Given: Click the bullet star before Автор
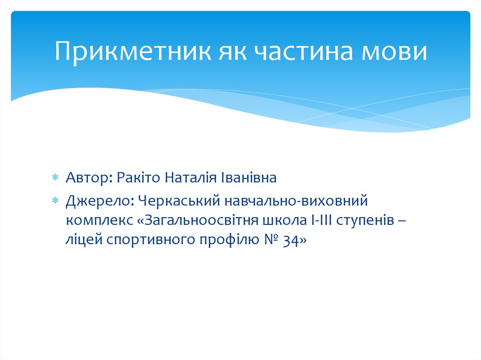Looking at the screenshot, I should (x=55, y=178).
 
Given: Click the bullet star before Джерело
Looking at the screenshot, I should (x=55, y=202).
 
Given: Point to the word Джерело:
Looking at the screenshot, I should (x=100, y=201).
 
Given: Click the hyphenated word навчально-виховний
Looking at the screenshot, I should (x=298, y=201).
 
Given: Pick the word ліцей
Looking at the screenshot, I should (x=84, y=240).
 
